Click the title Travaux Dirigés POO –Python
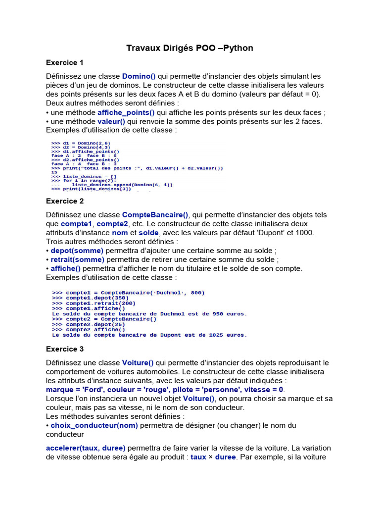click(x=190, y=48)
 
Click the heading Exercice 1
click(x=65, y=62)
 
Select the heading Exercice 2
click(x=65, y=201)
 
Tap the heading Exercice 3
click(x=65, y=349)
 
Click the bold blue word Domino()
click(x=139, y=76)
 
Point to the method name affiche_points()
click(x=126, y=112)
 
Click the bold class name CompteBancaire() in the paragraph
click(x=155, y=215)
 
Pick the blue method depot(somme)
click(x=77, y=251)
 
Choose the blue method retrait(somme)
click(x=77, y=259)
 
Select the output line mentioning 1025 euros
click(x=149, y=335)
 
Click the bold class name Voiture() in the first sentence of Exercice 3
click(x=138, y=363)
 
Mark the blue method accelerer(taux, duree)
click(x=86, y=448)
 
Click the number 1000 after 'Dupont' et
click(x=305, y=233)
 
